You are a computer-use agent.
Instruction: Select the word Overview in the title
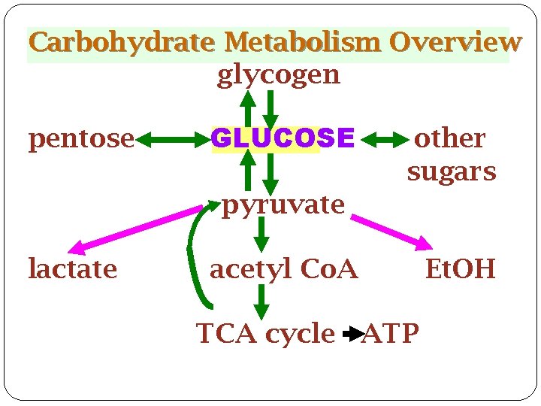coord(455,41)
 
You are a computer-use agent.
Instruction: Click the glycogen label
coord(278,75)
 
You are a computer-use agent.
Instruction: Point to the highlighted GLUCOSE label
coord(283,138)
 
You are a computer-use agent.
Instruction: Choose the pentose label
coord(81,139)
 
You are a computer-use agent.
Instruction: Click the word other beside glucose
coord(450,138)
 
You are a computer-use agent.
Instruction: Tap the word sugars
coord(452,171)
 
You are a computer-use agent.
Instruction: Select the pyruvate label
coord(283,204)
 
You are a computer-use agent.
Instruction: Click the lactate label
coord(72,268)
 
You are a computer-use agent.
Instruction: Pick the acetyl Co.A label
coord(283,268)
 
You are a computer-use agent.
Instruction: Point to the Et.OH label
coord(460,268)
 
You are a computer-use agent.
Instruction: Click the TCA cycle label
coord(265,332)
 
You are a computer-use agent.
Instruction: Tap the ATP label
coord(390,332)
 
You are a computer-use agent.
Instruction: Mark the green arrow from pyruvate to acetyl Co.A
coord(261,234)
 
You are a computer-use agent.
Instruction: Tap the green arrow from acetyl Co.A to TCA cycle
coord(261,301)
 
